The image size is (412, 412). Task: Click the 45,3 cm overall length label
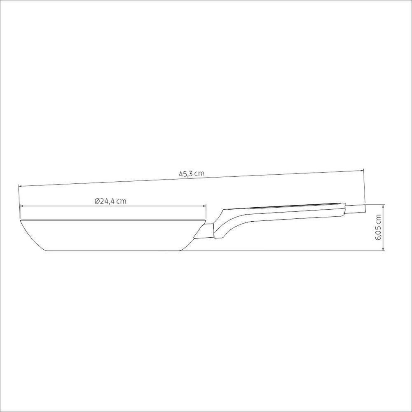click(191, 174)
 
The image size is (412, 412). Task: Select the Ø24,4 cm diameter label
click(110, 201)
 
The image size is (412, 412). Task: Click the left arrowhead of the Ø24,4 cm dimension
click(21, 206)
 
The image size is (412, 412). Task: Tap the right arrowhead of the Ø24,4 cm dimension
click(204, 206)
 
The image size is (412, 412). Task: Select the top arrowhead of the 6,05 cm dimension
click(384, 206)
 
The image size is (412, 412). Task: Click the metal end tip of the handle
click(355, 208)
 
